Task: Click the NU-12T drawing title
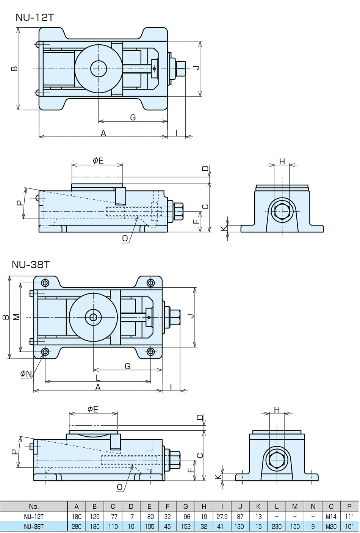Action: [x=34, y=17]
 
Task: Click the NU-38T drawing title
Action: [x=31, y=264]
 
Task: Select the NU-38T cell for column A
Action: [x=77, y=527]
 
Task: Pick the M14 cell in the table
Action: [x=331, y=517]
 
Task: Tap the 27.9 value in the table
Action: [x=222, y=517]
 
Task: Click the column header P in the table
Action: [x=349, y=506]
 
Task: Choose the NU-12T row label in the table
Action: [x=34, y=517]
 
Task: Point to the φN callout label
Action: [x=26, y=374]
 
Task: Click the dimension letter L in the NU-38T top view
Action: [x=98, y=378]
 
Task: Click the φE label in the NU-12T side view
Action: [x=98, y=160]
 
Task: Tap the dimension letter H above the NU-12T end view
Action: [x=282, y=161]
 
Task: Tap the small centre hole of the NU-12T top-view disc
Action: [x=98, y=69]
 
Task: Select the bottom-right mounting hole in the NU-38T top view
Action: [x=151, y=352]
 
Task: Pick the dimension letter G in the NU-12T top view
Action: [x=133, y=118]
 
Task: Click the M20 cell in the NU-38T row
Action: [x=331, y=527]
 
